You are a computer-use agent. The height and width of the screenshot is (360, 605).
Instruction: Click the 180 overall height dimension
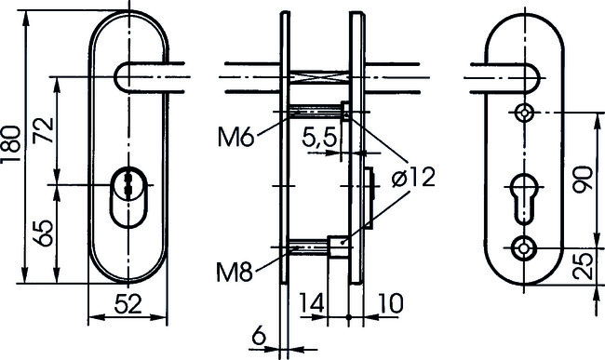11,144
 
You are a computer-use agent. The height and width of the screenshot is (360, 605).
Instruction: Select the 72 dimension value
43,130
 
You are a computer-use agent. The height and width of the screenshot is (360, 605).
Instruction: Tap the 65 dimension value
42,233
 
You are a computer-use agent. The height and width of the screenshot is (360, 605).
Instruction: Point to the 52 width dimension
128,303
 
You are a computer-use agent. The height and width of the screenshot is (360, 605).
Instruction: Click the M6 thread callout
236,138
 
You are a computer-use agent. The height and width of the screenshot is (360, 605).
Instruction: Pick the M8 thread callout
235,273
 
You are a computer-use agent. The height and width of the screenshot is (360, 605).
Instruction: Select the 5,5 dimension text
319,138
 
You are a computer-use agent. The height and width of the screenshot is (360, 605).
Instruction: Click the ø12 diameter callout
413,178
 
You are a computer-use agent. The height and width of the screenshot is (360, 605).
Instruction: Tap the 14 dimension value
312,303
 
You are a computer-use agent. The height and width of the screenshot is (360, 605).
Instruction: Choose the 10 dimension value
391,303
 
